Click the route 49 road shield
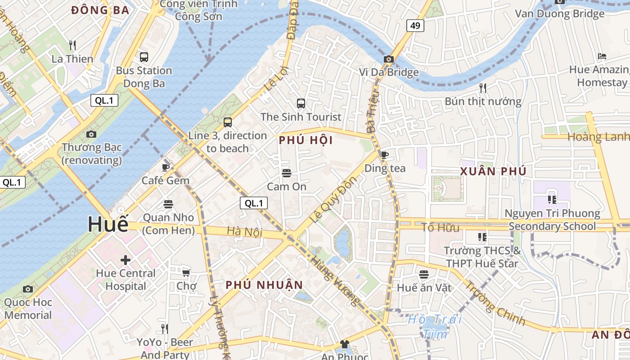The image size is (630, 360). pos(415,26)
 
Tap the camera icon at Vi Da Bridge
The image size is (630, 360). pos(389,59)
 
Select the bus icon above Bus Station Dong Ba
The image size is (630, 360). pos(144,57)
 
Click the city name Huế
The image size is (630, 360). pos(108,224)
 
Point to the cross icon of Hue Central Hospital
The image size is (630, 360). pos(126,260)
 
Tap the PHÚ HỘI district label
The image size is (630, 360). pos(306,140)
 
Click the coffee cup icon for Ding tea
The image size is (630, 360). pos(385,155)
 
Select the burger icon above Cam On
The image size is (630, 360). pos(287,173)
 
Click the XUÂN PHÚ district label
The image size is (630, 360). pos(493,171)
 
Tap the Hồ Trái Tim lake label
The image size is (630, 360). pos(435,326)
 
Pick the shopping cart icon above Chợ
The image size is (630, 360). pos(186,273)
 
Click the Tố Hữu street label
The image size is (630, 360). pos(441,228)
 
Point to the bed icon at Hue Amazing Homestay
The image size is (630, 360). pos(602,56)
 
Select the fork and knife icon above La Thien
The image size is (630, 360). pos(72,45)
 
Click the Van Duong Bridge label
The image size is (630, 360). pos(559,13)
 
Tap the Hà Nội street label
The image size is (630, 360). pos(244,231)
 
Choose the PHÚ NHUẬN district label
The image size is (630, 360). pos(264,285)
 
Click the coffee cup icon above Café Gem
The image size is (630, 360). pos(166,167)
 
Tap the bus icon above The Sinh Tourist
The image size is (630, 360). pos(301,103)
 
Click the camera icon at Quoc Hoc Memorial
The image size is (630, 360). pos(28,289)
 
